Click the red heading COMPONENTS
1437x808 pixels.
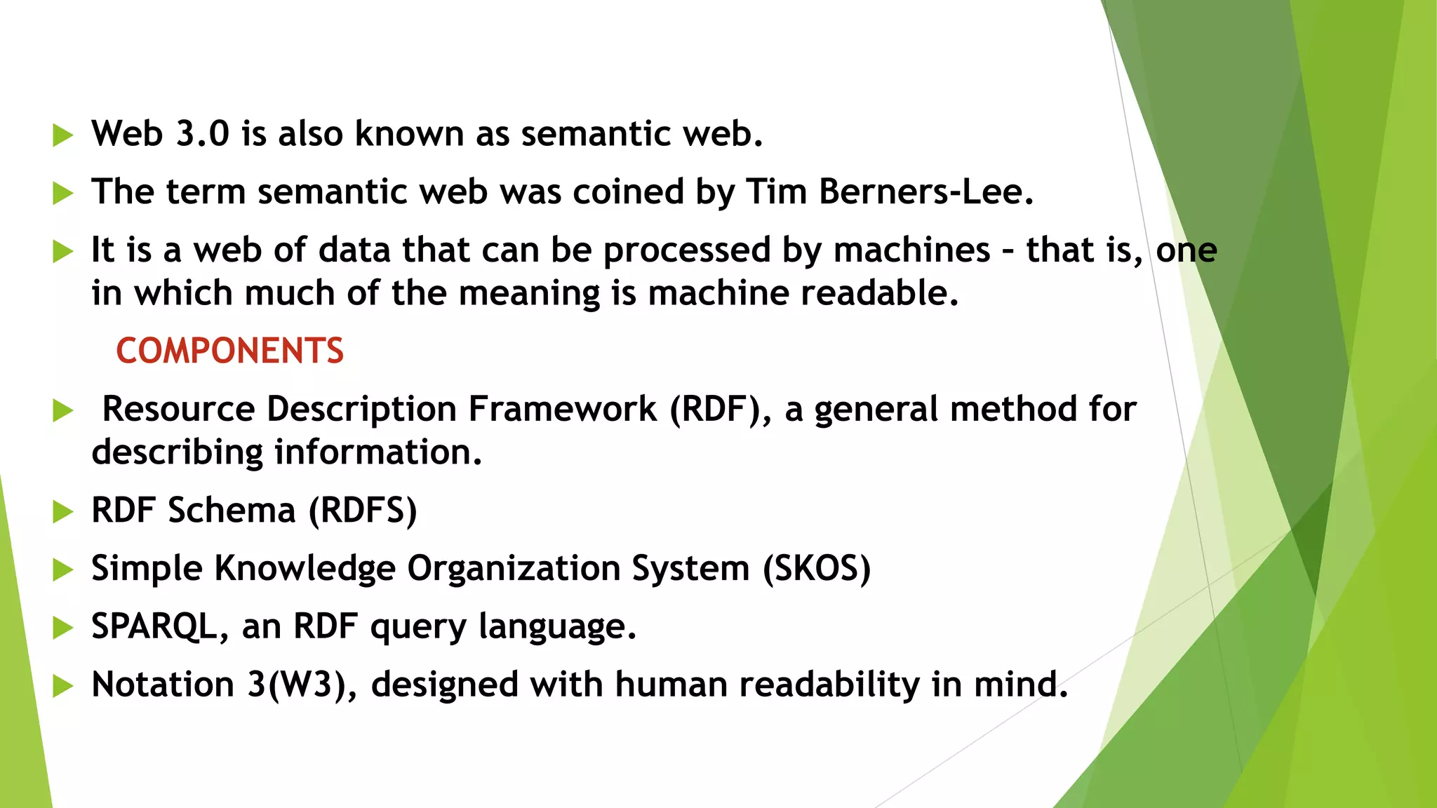pyautogui.click(x=229, y=351)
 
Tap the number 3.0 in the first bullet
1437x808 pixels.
pyautogui.click(x=202, y=133)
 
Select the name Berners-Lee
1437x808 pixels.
pyautogui.click(x=925, y=191)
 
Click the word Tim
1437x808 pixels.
pyautogui.click(x=776, y=191)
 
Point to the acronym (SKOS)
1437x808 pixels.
pyautogui.click(x=817, y=568)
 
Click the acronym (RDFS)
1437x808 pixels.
pyautogui.click(x=363, y=511)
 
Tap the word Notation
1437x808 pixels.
pyautogui.click(x=163, y=685)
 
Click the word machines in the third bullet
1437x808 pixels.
pyautogui.click(x=911, y=250)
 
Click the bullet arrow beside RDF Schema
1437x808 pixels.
pyautogui.click(x=63, y=511)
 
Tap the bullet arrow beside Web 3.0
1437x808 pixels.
pyautogui.click(x=63, y=135)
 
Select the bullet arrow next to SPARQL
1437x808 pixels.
pyautogui.click(x=63, y=627)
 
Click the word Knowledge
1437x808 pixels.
pyautogui.click(x=305, y=568)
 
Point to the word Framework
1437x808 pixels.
pyautogui.click(x=562, y=409)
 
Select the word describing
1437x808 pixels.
pyautogui.click(x=176, y=452)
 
